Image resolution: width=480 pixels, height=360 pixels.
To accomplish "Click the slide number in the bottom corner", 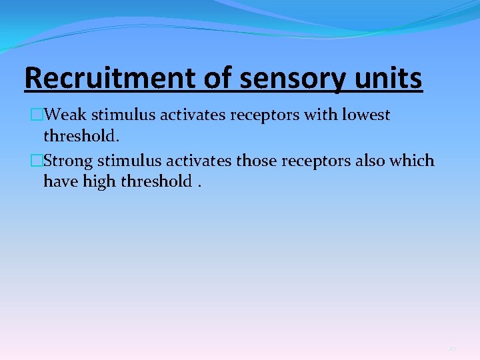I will (x=452, y=349).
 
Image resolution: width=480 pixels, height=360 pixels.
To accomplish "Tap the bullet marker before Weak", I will (x=36, y=115).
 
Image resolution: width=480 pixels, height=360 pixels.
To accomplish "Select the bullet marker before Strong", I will (x=36, y=161).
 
